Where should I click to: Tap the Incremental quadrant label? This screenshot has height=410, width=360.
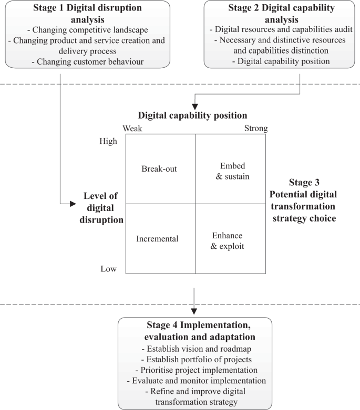coord(157,238)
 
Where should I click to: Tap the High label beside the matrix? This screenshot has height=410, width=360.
coord(109,141)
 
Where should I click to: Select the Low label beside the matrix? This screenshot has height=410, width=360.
coord(108,269)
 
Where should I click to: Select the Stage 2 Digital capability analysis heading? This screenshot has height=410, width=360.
coord(278,14)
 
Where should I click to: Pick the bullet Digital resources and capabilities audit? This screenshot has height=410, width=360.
coord(278,29)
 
